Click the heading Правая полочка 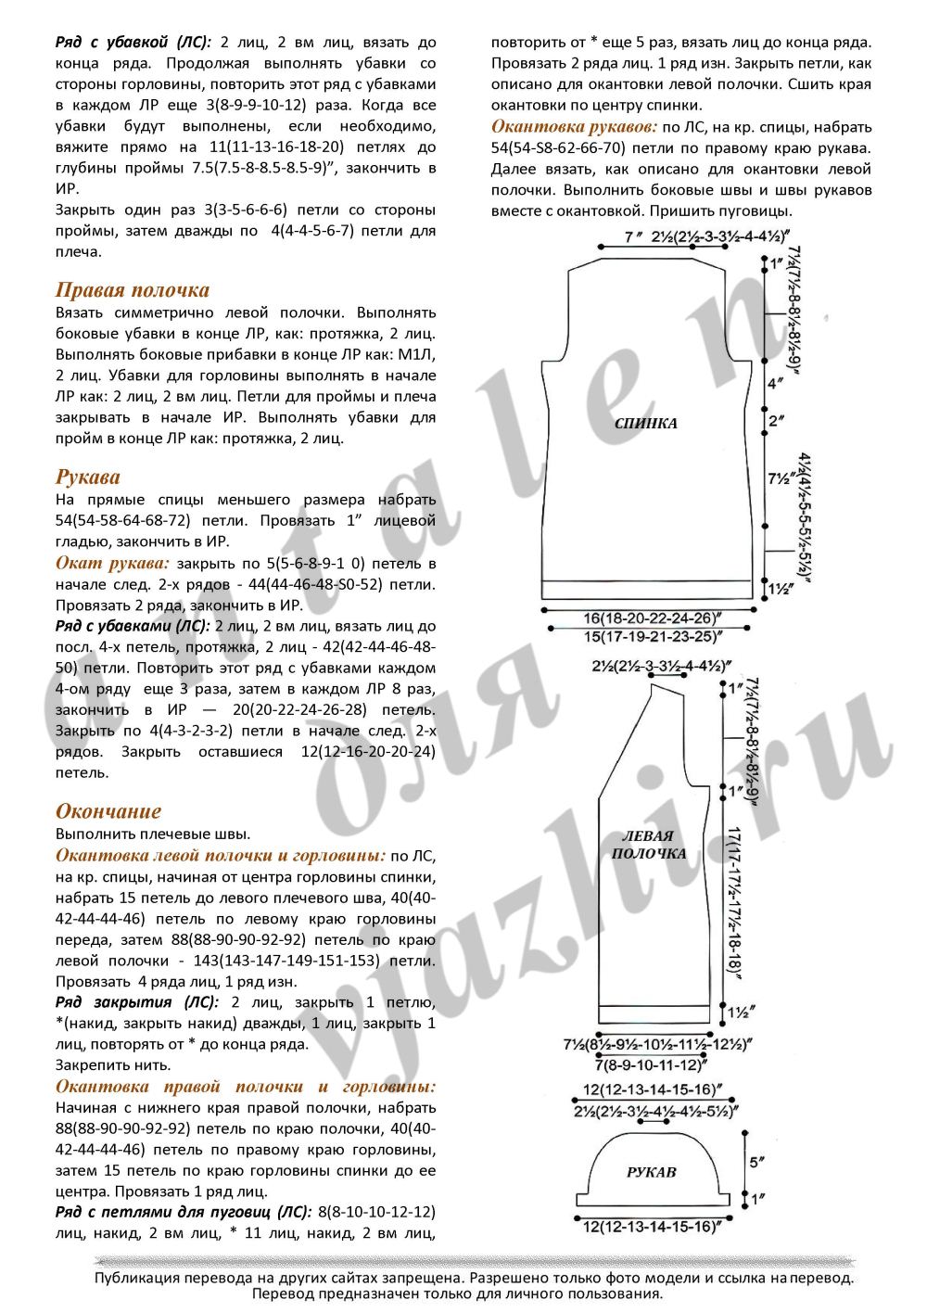click(133, 290)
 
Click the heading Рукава click(88, 477)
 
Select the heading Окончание click(108, 811)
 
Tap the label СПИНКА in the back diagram click(646, 423)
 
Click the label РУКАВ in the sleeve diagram click(652, 1172)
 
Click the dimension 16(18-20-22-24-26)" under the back click(653, 618)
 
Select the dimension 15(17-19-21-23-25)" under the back click(653, 636)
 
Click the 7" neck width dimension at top click(634, 237)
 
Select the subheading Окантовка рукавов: click(574, 127)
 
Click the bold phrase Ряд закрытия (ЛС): click(137, 1002)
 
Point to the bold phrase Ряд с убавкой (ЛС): click(133, 42)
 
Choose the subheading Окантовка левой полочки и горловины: click(221, 855)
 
